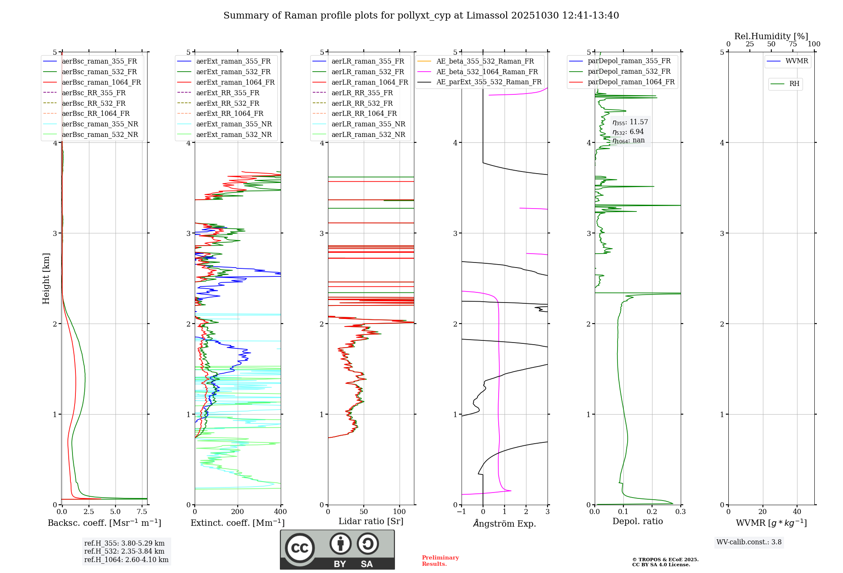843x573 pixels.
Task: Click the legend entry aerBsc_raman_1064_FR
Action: (101, 82)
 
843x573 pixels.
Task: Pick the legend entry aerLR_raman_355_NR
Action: (368, 124)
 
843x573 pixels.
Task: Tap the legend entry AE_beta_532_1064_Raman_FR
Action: (487, 72)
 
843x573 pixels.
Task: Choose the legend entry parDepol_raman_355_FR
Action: (629, 61)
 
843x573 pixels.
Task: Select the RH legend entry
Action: (794, 84)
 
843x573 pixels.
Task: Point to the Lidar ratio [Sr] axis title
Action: (370, 521)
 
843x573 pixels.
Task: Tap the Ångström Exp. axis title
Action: (505, 523)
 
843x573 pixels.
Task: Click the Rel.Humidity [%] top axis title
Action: (771, 36)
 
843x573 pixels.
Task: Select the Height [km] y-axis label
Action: (46, 278)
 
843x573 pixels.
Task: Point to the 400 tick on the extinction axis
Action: (281, 512)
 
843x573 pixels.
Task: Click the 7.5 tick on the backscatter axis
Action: (142, 512)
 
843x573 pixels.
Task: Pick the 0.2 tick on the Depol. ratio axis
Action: (652, 512)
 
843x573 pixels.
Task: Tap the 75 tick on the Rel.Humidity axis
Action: (793, 44)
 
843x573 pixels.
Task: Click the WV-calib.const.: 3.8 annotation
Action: (749, 542)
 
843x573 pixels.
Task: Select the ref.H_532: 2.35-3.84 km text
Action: (124, 552)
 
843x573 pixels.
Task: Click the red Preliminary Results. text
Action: (440, 561)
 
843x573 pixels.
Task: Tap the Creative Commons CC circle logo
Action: (300, 548)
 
